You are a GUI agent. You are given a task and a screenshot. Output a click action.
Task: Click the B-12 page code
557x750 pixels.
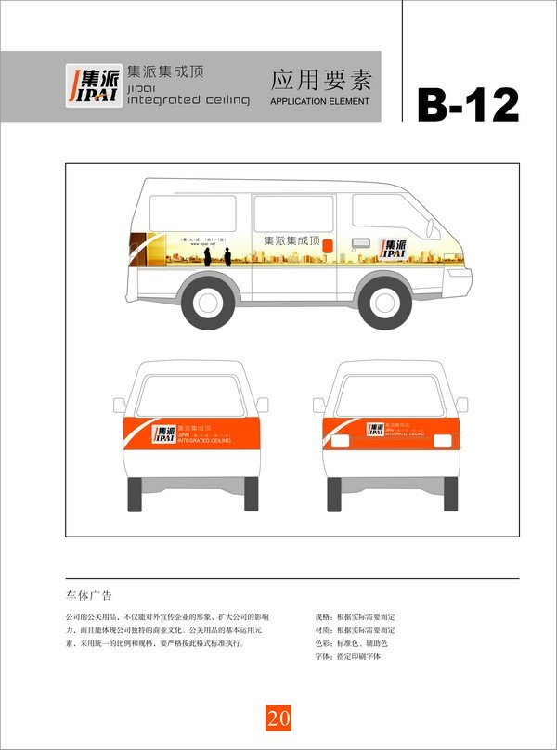[x=467, y=105]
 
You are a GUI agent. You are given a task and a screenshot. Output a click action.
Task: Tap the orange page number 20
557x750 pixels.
[x=278, y=718]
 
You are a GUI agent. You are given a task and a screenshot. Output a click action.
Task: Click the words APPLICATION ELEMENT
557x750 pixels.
[x=319, y=101]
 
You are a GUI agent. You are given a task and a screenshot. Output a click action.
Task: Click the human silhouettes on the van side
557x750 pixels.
[x=216, y=254]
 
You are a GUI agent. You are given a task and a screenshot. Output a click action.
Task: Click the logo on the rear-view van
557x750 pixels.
[x=375, y=430]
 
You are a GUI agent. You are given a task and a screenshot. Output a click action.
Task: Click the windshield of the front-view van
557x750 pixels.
[x=190, y=394]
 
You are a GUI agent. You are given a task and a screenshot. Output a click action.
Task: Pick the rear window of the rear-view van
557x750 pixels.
[x=390, y=394]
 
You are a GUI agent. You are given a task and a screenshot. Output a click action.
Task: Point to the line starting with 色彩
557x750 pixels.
[x=351, y=643]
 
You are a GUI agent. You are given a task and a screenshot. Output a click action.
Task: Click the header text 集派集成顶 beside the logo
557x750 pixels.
[x=165, y=71]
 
